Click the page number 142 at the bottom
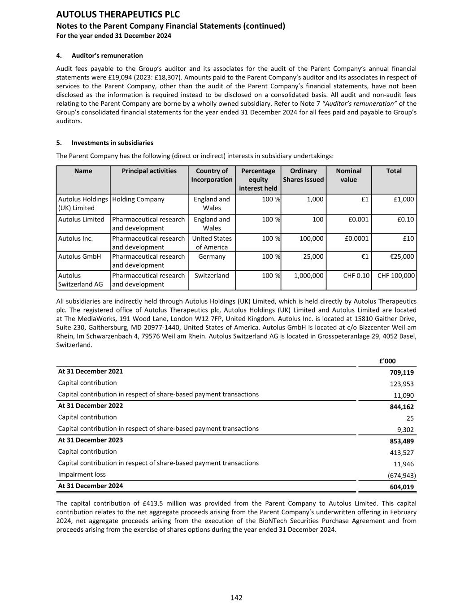(x=236, y=598)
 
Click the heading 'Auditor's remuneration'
(x=107, y=56)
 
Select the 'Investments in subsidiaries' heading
(x=112, y=143)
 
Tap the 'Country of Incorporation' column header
(x=212, y=175)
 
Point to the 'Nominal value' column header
(x=348, y=175)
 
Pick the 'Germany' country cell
(x=212, y=256)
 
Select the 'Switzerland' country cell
(x=212, y=275)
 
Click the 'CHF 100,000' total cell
(x=396, y=275)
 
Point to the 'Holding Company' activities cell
(x=138, y=199)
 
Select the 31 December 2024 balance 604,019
(x=402, y=487)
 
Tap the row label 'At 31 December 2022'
(x=91, y=406)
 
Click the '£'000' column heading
(x=387, y=361)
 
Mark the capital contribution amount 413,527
(x=402, y=452)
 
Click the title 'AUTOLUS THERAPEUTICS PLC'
(x=118, y=14)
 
